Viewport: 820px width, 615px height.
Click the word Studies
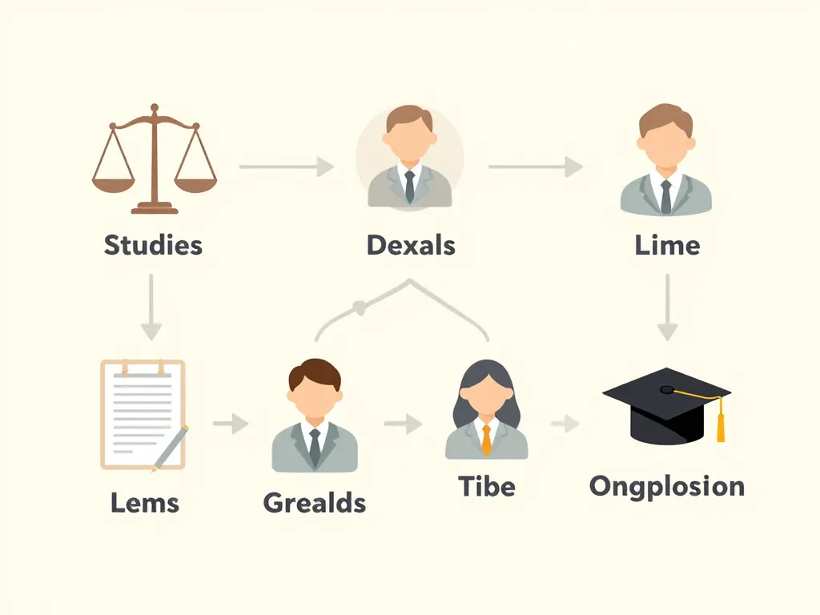153,245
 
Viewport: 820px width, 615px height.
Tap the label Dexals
411,245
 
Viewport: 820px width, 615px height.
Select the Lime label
667,245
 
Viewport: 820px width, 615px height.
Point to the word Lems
145,503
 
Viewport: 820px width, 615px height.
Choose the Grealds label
314,503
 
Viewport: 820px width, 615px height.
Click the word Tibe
487,486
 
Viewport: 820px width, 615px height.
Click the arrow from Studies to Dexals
287,167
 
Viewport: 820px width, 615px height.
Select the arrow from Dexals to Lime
536,167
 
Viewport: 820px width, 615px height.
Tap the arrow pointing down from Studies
151,307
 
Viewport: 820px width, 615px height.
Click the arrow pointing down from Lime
667,307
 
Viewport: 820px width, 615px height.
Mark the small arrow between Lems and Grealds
231,423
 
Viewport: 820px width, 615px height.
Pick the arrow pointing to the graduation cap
565,423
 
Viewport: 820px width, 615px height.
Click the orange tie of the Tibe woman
486,440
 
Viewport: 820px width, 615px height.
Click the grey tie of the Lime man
665,197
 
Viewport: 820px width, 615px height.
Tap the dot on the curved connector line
360,308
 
